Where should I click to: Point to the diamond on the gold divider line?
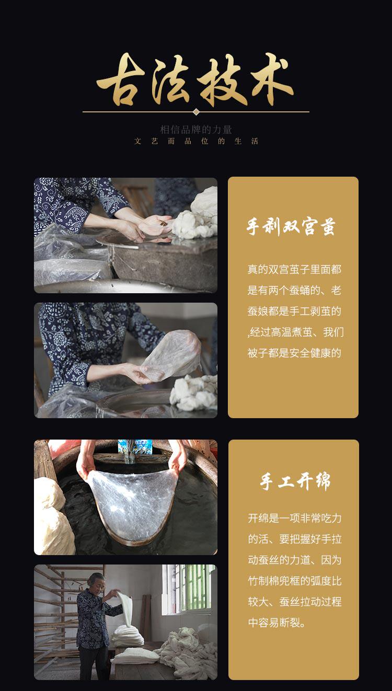pyautogui.click(x=196, y=112)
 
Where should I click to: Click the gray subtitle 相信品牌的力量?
pyautogui.click(x=196, y=130)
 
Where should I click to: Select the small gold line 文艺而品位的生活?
pyautogui.click(x=196, y=141)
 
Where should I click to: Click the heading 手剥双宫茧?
pyautogui.click(x=291, y=227)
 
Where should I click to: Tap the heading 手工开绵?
pyautogui.click(x=295, y=481)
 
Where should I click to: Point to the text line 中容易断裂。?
pyautogui.click(x=277, y=623)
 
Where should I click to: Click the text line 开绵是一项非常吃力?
pyautogui.click(x=295, y=519)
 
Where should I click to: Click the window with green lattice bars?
pyautogui.click(x=189, y=588)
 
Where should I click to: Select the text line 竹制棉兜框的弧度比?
pyautogui.click(x=295, y=581)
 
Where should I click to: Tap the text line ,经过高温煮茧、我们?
pyautogui.click(x=295, y=332)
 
